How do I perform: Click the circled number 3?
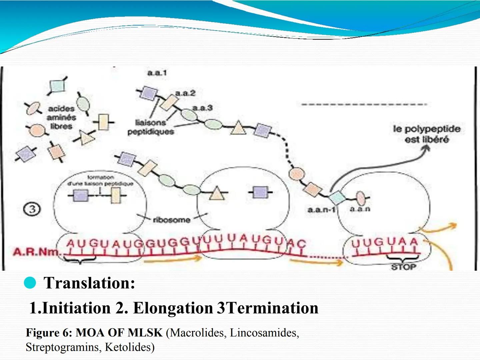pyautogui.click(x=32, y=209)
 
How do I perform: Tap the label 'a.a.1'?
pyautogui.click(x=157, y=72)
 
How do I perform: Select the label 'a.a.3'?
pyautogui.click(x=202, y=108)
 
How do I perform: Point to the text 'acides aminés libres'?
pyautogui.click(x=61, y=117)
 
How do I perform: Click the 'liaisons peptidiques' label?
pyautogui.click(x=151, y=127)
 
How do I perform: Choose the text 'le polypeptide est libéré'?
pyautogui.click(x=427, y=134)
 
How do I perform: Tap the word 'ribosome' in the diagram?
pyautogui.click(x=172, y=220)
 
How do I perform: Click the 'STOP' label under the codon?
pyautogui.click(x=403, y=267)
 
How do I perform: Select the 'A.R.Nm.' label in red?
pyautogui.click(x=36, y=251)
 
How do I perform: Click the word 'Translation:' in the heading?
pyautogui.click(x=89, y=283)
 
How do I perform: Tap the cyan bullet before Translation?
pyautogui.click(x=30, y=283)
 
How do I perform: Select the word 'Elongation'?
pyautogui.click(x=173, y=308)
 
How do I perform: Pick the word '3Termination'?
pyautogui.click(x=268, y=308)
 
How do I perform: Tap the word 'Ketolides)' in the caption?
pyautogui.click(x=130, y=347)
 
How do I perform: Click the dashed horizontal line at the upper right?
pyautogui.click(x=363, y=104)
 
